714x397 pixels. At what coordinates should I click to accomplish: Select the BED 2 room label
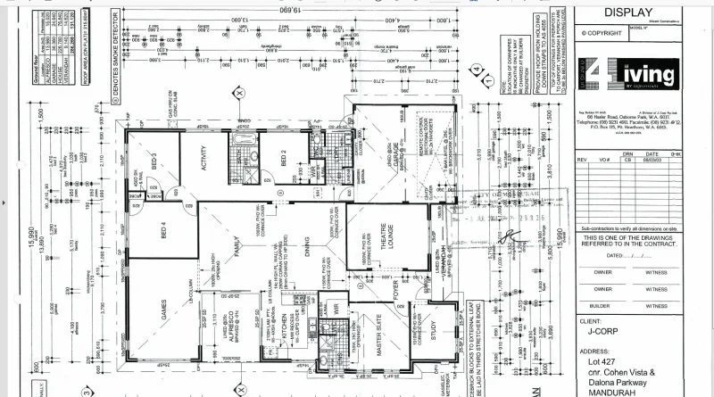tap(283, 158)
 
